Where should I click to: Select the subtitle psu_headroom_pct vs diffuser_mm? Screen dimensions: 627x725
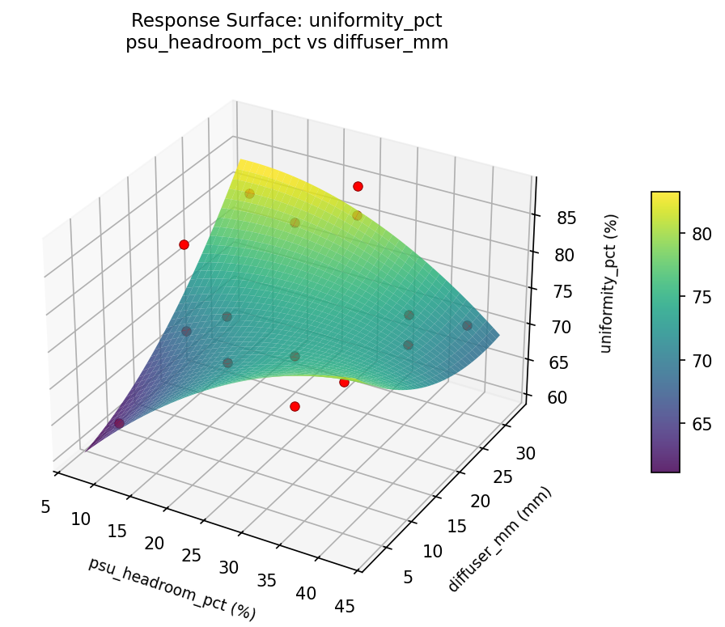pyautogui.click(x=286, y=43)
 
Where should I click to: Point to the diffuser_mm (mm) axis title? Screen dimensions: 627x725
pyautogui.click(x=499, y=540)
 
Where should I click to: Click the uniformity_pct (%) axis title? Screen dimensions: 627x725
pyautogui.click(x=612, y=283)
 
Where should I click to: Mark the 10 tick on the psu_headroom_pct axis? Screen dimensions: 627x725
pyautogui.click(x=80, y=519)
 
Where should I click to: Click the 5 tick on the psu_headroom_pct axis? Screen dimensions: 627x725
pyautogui.click(x=45, y=506)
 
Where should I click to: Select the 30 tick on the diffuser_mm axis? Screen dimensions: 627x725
pyautogui.click(x=525, y=453)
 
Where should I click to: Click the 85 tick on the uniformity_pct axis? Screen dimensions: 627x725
pyautogui.click(x=566, y=218)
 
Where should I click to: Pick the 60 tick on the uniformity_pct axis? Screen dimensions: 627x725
pyautogui.click(x=556, y=397)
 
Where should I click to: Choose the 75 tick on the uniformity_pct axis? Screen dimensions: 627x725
pyautogui.click(x=562, y=291)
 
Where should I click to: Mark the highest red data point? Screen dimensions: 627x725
pyautogui.click(x=358, y=187)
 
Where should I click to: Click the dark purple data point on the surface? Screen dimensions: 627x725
pyautogui.click(x=119, y=423)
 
